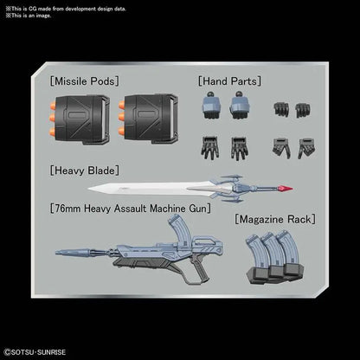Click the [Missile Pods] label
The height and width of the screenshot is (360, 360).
point(84,81)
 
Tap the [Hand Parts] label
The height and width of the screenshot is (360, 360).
point(229,81)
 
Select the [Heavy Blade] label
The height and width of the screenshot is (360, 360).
point(84,170)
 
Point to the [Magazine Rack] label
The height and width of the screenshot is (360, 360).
point(275,219)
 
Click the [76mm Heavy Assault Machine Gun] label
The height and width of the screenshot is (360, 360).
point(131,209)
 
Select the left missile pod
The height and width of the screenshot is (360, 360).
point(80,119)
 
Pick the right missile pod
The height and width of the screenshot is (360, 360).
point(148,119)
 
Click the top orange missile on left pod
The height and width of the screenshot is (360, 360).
point(53,106)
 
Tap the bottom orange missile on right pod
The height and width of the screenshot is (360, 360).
point(121,132)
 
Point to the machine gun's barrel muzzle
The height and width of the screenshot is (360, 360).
point(59,253)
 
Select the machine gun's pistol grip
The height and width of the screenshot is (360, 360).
point(200,268)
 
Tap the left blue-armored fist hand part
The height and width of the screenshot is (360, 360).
point(211,106)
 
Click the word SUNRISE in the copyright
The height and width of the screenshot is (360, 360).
point(52,352)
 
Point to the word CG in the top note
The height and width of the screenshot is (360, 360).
point(32,9)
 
